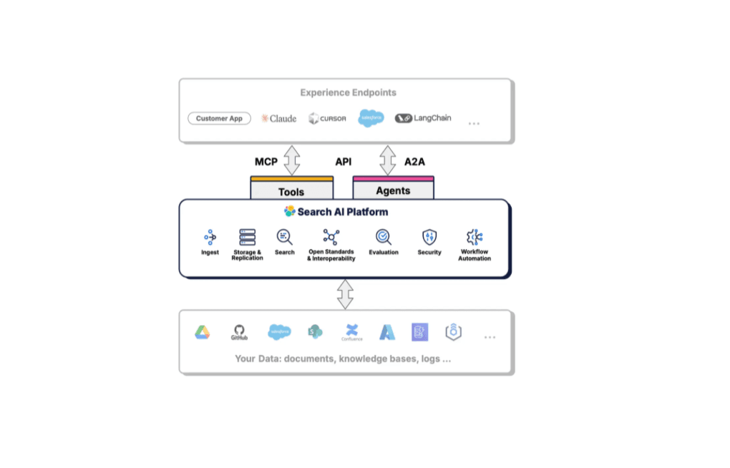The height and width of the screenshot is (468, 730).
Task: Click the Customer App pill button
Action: [x=219, y=119]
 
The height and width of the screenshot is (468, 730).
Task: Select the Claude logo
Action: [x=278, y=119]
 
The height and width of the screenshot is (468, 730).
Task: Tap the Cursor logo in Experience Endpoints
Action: [x=327, y=119]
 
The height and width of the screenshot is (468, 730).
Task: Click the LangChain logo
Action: [x=423, y=118]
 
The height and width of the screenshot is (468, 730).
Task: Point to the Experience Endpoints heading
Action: [x=348, y=92]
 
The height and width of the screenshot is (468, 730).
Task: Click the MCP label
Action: [x=266, y=162]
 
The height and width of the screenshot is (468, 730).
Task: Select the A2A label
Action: [x=414, y=162]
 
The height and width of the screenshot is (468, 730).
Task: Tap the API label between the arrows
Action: [x=344, y=162]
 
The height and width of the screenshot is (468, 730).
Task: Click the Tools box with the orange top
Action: [x=291, y=190]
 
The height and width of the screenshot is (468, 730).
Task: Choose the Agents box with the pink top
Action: [x=393, y=189]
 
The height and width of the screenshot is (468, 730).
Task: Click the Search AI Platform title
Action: [x=336, y=212]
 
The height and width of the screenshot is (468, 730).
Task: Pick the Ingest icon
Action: [x=210, y=237]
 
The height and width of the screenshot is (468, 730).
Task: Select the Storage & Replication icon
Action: [x=248, y=237]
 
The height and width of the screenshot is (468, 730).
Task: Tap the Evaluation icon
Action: [x=384, y=237]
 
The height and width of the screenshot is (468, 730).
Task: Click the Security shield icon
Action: [x=429, y=237]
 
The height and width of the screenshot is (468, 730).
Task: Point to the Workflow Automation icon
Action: [x=474, y=237]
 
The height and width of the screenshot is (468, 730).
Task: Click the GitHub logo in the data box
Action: [x=239, y=332]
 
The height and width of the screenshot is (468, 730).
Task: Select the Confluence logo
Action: [x=351, y=331]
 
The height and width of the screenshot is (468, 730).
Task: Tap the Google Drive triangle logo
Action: [x=203, y=332]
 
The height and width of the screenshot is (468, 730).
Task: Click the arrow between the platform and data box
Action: [x=346, y=294]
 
